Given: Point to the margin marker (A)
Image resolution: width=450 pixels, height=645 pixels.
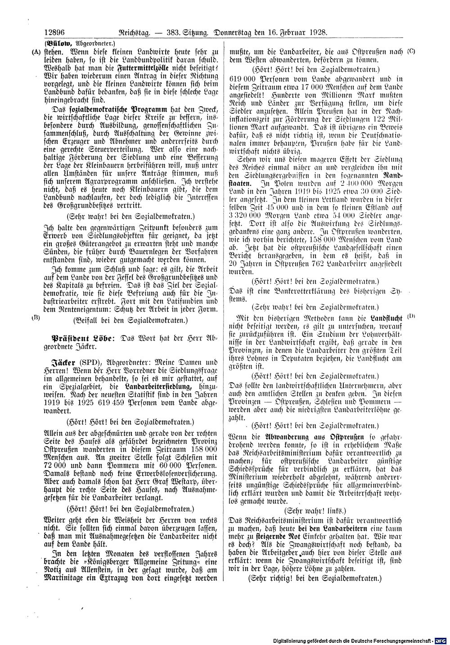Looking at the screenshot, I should coord(36,51).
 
